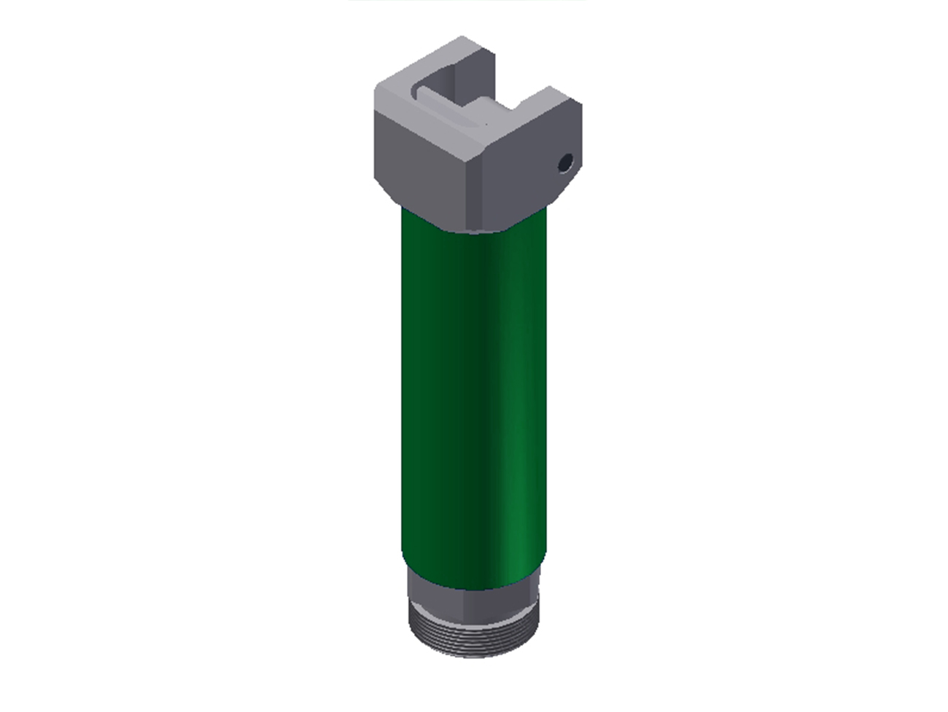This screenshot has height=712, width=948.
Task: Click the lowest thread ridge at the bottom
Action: pos(474,653)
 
